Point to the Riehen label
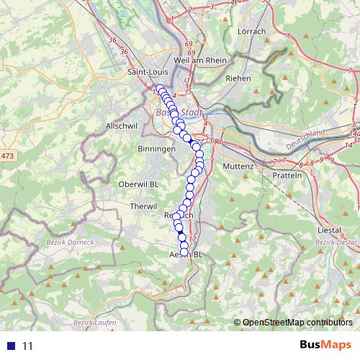pos(238,78)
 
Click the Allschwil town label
pos(120,125)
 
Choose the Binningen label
pos(156,148)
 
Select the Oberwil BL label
pos(138,184)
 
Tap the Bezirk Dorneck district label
pos(70,242)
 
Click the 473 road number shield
pos(7,156)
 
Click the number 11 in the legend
pos(28,346)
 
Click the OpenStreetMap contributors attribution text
pos(297,322)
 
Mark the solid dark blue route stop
pos(182,238)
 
